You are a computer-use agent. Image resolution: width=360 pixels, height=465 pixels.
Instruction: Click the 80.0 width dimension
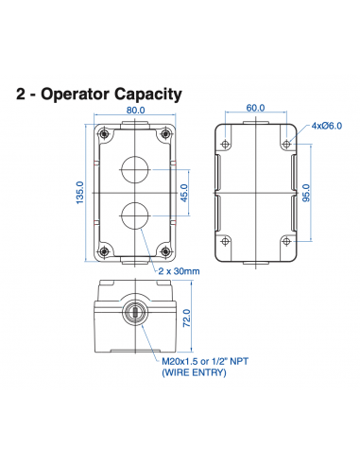point(135,110)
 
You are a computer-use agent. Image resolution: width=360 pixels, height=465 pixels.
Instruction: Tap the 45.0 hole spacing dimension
point(185,192)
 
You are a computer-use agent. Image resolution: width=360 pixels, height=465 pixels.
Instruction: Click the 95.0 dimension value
point(306,193)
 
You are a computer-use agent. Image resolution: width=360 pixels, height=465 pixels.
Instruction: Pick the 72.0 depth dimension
point(186,323)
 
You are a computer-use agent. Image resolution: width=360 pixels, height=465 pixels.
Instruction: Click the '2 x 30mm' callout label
point(180,271)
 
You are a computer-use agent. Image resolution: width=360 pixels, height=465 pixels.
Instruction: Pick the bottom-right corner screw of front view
point(166,251)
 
